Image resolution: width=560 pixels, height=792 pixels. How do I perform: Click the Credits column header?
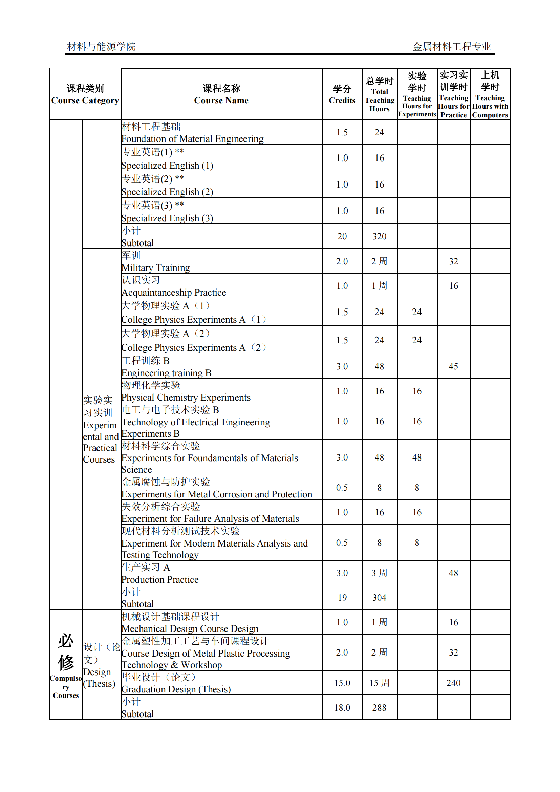342,94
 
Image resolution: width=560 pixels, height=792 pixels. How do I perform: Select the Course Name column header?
221,94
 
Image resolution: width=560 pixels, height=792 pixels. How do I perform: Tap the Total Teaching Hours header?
379,94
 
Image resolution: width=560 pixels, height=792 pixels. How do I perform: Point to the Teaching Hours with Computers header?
490,94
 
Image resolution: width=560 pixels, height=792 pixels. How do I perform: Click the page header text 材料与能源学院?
101,47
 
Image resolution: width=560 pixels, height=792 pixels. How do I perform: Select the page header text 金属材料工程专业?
451,47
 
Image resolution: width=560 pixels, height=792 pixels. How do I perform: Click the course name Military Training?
155,268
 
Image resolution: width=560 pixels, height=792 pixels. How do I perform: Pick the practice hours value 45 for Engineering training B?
453,366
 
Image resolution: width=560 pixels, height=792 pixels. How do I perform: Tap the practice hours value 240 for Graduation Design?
453,683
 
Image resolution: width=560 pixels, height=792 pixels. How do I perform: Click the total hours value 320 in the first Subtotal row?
379,236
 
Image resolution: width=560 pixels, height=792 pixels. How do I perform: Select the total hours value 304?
379,597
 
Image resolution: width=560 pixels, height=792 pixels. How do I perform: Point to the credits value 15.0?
342,683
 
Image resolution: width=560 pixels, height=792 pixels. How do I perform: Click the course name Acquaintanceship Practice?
173,293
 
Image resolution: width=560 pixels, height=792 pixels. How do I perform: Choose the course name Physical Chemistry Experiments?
186,398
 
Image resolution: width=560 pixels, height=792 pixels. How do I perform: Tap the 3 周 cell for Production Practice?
379,573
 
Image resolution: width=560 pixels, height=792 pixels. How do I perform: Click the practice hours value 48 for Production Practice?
453,573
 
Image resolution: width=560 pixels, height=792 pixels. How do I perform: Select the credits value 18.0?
342,707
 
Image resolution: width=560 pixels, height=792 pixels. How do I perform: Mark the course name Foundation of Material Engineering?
192,139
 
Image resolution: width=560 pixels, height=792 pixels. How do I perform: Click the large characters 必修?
66,651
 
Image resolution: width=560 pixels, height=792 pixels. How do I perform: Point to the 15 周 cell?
379,683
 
